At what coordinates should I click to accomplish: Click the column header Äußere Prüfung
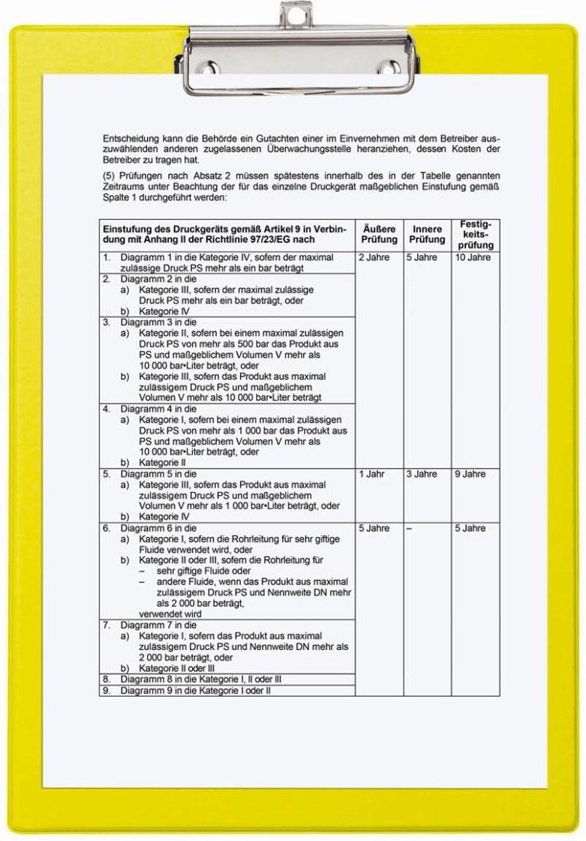[x=379, y=234]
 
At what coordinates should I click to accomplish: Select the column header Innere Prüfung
[x=427, y=234]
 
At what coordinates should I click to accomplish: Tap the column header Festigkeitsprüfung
[x=476, y=234]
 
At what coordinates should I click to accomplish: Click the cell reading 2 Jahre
[x=374, y=258]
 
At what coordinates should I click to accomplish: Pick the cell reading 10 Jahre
[x=473, y=258]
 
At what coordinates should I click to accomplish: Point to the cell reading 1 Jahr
[x=372, y=474]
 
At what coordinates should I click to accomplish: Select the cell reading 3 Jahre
[x=422, y=474]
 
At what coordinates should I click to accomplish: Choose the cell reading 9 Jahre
[x=470, y=474]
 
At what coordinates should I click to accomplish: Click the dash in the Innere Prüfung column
[x=409, y=528]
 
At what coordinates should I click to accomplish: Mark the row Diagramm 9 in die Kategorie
[x=196, y=689]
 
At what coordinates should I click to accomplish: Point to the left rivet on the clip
[x=207, y=69]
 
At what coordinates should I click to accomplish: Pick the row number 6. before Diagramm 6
[x=106, y=528]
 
